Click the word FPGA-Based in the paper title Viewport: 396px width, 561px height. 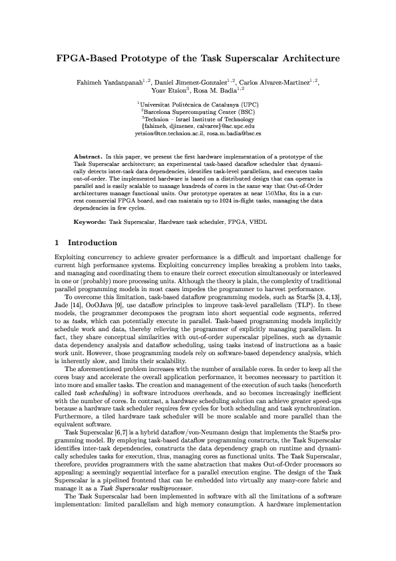85,59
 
